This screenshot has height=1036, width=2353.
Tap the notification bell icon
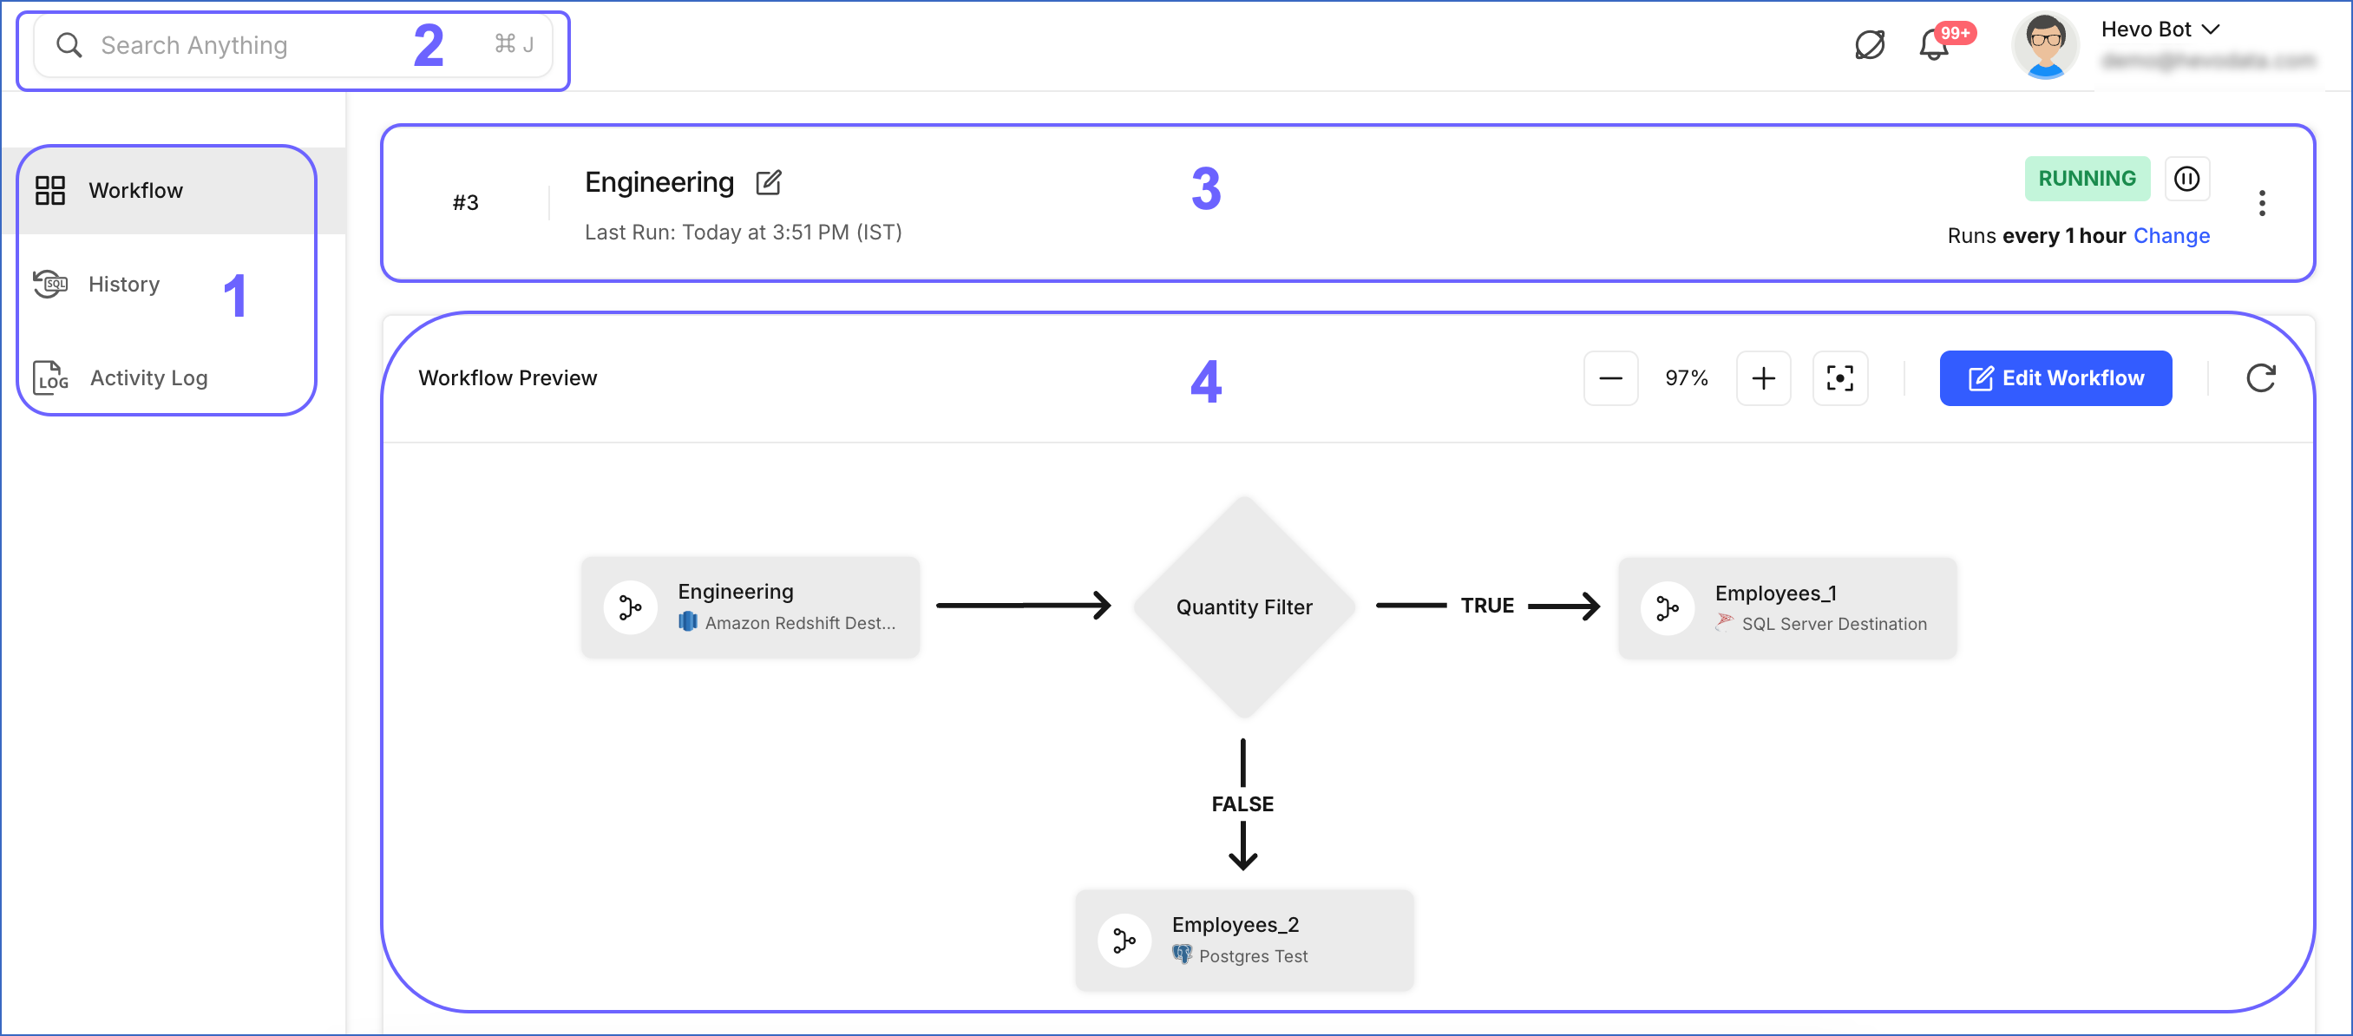tap(1933, 46)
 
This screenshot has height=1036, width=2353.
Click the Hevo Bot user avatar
tap(2045, 46)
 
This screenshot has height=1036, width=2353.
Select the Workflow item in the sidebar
tap(135, 190)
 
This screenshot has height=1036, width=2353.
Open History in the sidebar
tap(124, 284)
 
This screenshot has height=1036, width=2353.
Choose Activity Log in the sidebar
tap(148, 378)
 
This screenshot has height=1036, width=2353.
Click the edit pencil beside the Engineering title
tap(768, 183)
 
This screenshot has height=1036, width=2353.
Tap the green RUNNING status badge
tap(2087, 178)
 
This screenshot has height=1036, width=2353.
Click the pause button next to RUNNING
tap(2186, 178)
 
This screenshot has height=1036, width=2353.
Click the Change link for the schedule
tap(2171, 236)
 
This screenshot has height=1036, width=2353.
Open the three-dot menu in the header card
tap(2262, 203)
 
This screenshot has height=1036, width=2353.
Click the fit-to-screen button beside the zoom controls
tap(1839, 378)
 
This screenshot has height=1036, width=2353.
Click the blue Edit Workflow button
tap(2055, 378)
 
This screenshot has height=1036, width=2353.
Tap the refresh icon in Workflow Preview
tap(2260, 378)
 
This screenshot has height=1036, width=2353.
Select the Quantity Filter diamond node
tap(1243, 607)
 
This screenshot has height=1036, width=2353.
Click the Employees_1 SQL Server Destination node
tap(1786, 608)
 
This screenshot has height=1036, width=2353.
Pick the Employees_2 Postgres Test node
tap(1243, 940)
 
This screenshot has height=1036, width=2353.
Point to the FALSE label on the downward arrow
tap(1242, 804)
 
